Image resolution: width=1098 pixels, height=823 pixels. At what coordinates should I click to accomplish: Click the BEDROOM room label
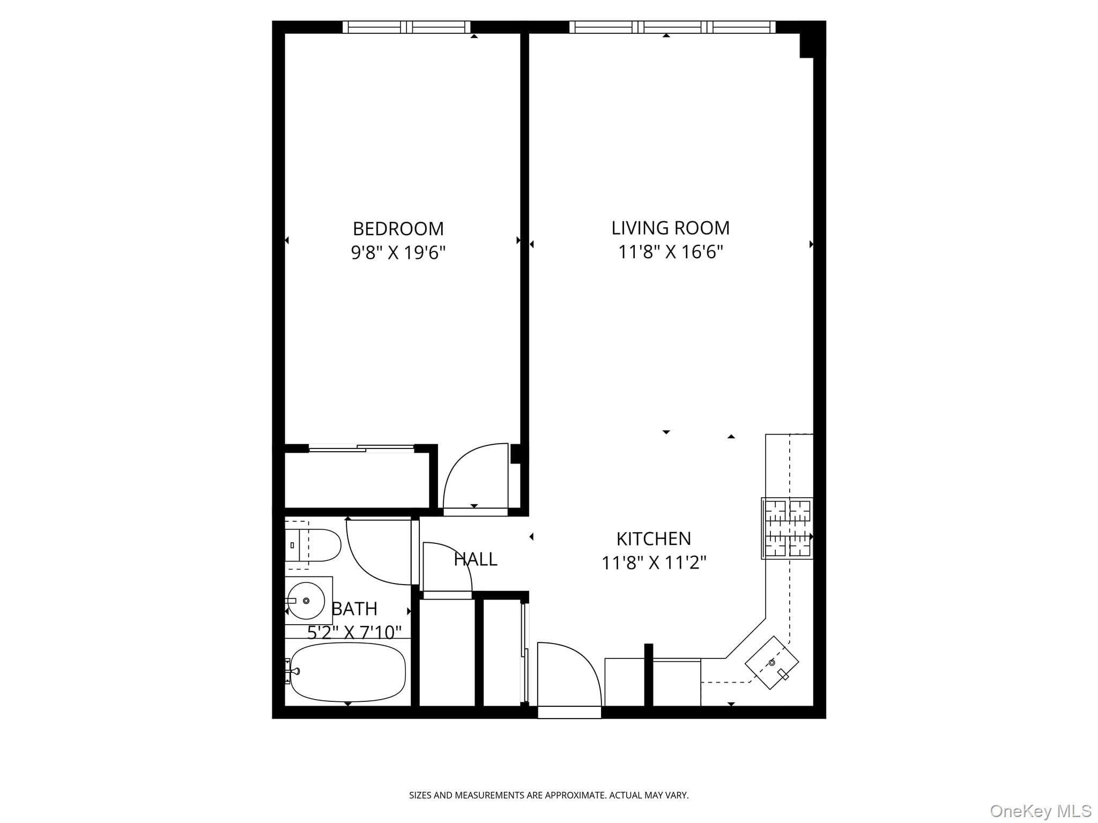point(398,229)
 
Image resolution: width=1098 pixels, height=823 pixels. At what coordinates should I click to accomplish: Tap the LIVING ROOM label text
point(670,228)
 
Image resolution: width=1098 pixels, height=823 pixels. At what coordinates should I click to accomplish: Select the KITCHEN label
point(654,538)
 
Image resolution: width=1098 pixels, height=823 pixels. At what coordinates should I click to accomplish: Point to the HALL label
point(476,559)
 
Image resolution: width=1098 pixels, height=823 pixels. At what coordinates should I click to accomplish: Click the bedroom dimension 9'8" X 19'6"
point(398,252)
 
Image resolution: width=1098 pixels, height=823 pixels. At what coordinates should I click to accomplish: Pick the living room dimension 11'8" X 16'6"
point(671,252)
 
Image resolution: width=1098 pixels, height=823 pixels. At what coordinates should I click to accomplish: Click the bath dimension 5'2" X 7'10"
point(354,633)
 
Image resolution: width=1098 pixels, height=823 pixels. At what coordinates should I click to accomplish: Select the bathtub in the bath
point(348,672)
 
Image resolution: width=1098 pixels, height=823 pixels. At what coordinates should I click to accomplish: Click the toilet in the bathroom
point(313,545)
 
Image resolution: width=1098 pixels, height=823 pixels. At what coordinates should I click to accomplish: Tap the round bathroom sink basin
point(306,601)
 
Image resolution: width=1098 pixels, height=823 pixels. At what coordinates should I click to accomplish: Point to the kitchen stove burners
point(787,528)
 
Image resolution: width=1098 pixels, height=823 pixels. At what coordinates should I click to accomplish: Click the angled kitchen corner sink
point(772,663)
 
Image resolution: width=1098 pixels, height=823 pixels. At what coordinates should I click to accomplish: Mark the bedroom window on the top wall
point(406,27)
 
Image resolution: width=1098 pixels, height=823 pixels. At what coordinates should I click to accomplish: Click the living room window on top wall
point(672,27)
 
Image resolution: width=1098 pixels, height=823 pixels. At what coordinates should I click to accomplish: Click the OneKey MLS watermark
point(1041,811)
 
